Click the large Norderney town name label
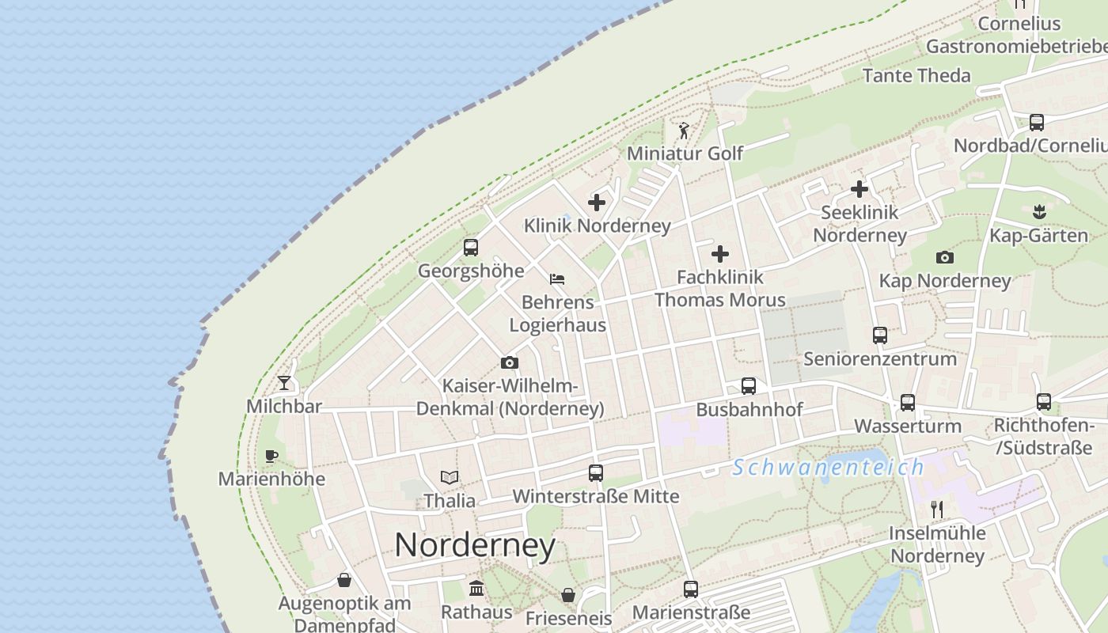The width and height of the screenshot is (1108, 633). pos(475,545)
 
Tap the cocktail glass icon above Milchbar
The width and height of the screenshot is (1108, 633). pos(284,383)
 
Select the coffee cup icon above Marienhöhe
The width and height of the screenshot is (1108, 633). pos(271,456)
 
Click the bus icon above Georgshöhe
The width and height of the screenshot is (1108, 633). pos(471,248)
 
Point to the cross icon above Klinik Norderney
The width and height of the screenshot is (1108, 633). pos(597,203)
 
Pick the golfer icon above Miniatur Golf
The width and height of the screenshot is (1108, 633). pos(684,130)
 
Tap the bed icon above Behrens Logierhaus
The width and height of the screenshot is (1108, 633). pos(557,279)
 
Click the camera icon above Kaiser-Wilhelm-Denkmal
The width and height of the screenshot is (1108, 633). pos(510,363)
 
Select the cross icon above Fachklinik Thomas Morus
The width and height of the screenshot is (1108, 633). pos(720,254)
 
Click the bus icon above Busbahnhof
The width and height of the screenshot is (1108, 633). pos(749,386)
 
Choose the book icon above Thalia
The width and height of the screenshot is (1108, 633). pos(450,477)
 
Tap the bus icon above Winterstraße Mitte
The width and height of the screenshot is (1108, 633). pos(596,473)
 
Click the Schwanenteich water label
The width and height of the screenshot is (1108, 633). pos(828,468)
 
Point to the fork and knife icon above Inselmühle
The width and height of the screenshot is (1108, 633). pos(937,509)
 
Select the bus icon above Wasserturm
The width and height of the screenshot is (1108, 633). pos(908,403)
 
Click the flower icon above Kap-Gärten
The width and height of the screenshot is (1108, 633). pos(1039,211)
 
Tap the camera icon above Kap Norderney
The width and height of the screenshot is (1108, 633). pos(944,257)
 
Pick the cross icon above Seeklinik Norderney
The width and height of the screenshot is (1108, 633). pos(859,189)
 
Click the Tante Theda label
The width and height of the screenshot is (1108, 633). pos(916,76)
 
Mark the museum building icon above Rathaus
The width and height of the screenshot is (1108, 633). pos(476,589)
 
